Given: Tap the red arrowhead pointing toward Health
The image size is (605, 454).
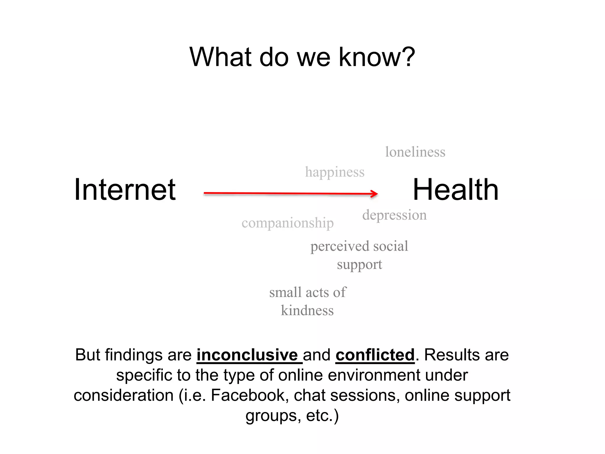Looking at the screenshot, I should tap(375, 194).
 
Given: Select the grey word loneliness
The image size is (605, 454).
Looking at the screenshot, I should tap(415, 152).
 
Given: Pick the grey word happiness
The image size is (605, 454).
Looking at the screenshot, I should tap(335, 172).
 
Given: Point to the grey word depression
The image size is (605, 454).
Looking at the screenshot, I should tap(394, 215).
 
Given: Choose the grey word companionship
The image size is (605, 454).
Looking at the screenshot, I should tap(287, 223).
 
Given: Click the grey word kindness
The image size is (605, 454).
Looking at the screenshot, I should tap(307, 311).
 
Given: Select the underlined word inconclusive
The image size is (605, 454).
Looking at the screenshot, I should tap(247, 355).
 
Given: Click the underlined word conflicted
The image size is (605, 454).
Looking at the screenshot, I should tap(375, 355).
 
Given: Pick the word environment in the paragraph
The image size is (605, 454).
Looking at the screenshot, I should tap(374, 375).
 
